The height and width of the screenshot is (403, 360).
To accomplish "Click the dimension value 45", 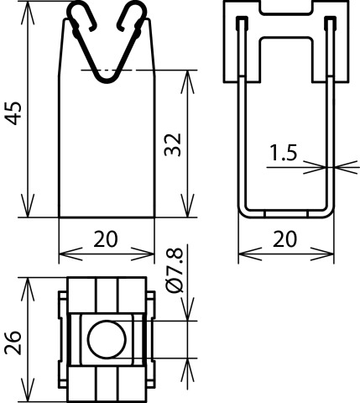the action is click(14, 113).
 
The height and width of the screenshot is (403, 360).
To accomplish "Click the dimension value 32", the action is click(173, 144).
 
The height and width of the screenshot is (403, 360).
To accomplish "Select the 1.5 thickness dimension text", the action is click(283, 153).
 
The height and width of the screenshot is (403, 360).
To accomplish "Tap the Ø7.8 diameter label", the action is click(175, 270).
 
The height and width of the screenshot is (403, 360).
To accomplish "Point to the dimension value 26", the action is click(13, 343).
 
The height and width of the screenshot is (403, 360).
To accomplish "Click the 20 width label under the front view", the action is click(106, 239).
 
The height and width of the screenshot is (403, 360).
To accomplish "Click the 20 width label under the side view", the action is click(284, 239).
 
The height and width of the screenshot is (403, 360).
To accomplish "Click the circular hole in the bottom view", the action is click(107, 339).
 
